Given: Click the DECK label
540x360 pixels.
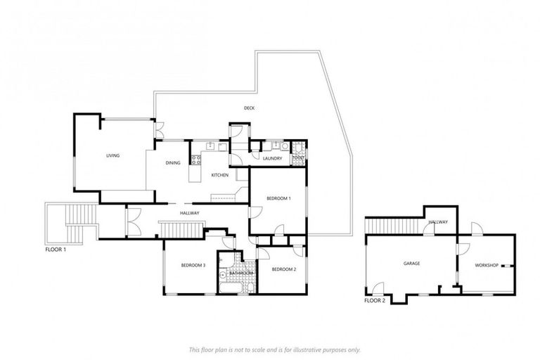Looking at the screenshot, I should (x=249, y=108).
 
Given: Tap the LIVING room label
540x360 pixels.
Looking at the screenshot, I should (x=113, y=155).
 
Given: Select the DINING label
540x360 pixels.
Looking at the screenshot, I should (x=173, y=163).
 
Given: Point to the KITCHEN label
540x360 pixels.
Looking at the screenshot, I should (x=219, y=174).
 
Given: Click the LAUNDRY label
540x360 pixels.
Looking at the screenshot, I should (x=272, y=158).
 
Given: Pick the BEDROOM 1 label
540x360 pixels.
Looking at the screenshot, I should (x=278, y=199).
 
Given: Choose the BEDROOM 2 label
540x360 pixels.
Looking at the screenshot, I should (x=283, y=269).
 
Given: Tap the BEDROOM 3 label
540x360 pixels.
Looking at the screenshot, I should (x=193, y=265).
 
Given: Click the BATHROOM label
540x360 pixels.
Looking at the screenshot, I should (x=241, y=273).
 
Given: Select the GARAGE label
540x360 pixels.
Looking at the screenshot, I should (x=411, y=264).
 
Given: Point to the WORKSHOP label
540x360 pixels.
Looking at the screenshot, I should (x=487, y=265).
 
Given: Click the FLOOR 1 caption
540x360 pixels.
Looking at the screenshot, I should (x=56, y=250).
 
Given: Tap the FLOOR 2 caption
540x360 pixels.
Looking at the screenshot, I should (x=375, y=300).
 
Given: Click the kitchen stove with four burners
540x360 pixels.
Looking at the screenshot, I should (x=196, y=160).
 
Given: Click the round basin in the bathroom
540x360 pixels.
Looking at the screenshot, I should (x=223, y=275).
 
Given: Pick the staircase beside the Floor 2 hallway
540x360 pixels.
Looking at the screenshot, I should (x=393, y=226).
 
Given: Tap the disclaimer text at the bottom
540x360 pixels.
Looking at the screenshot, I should (x=274, y=349).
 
